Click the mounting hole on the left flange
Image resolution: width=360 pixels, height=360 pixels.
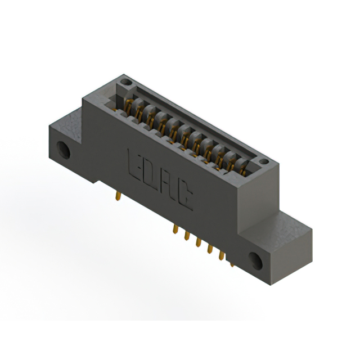click(64, 150)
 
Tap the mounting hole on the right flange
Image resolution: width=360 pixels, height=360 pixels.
click(255, 261)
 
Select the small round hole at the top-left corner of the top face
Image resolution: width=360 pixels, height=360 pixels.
click(126, 82)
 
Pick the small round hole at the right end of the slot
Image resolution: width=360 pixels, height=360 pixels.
click(264, 161)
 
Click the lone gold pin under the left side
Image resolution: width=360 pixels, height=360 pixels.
click(118, 196)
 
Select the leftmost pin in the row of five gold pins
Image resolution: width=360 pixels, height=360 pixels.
click(175, 229)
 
